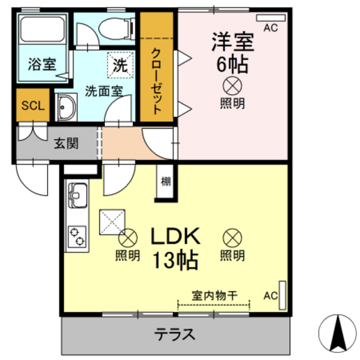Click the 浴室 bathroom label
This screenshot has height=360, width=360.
tap(41, 64)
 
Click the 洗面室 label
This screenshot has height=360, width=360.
tap(104, 91)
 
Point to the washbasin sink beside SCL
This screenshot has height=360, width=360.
tap(65, 106)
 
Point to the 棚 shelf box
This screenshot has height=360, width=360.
tap(166, 181)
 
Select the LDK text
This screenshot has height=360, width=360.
tap(175, 235)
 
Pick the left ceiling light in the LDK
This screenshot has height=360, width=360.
tap(129, 238)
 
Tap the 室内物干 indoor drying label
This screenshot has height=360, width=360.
tap(215, 296)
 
